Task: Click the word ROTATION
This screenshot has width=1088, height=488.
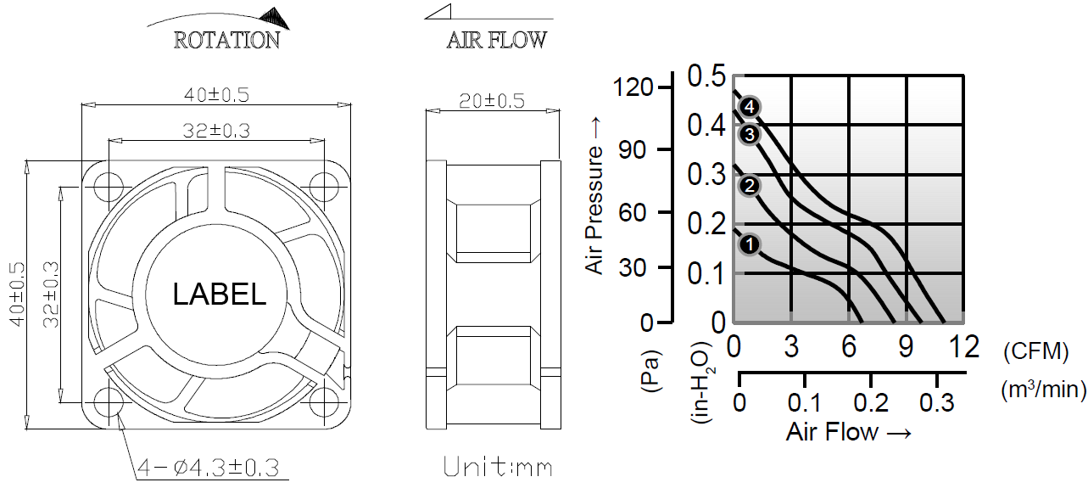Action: point(226,41)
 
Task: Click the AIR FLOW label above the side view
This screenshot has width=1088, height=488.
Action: point(496,41)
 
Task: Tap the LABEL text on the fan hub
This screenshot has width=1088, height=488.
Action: point(219,294)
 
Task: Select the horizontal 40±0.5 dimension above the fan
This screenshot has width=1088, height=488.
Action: point(216,95)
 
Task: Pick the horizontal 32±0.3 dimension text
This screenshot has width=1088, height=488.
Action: point(216,130)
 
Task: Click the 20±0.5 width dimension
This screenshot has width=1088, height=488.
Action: point(492,101)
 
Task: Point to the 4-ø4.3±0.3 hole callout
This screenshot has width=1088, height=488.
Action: point(209,468)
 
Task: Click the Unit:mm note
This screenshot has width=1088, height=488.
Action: point(498,467)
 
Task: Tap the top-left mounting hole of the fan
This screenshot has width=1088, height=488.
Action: point(109,187)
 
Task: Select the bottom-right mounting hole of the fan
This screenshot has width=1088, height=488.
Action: point(324,403)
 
